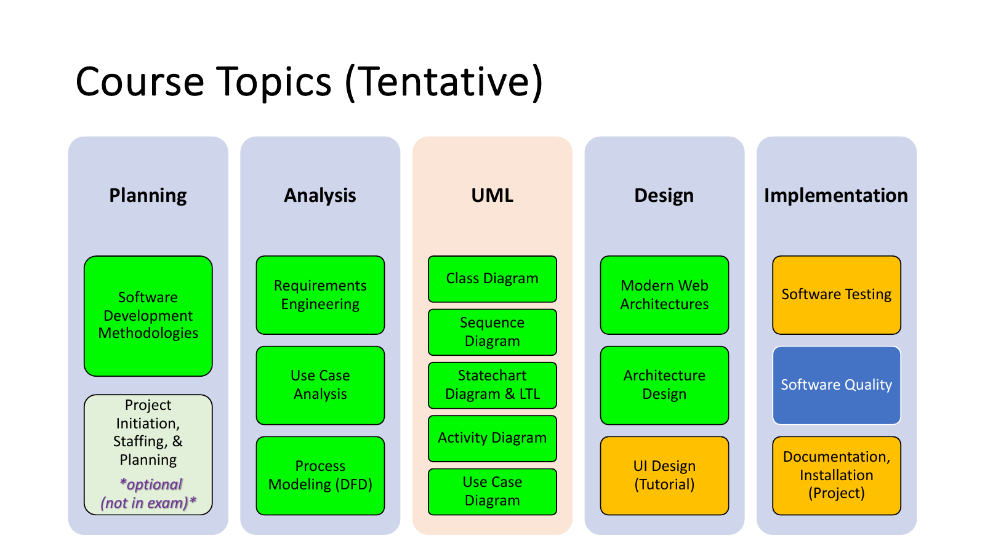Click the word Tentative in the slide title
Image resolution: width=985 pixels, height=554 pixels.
443,82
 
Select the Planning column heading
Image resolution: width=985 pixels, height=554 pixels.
148,195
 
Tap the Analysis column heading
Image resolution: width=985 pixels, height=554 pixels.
320,195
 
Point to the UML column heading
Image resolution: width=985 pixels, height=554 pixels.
492,195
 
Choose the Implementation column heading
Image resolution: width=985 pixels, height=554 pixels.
836,195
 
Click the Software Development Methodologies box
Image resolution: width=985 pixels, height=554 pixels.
148,316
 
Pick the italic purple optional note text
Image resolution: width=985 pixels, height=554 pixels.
148,494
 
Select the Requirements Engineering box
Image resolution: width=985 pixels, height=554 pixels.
320,295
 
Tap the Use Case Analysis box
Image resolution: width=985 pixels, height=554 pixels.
320,385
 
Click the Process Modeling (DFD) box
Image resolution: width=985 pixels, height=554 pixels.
320,475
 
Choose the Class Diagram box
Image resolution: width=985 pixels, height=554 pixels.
492,279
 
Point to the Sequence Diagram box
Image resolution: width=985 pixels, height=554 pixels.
492,332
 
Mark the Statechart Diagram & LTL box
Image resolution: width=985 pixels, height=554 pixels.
492,385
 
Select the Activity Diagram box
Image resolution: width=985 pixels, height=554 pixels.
492,438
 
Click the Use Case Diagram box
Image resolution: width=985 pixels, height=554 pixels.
492,491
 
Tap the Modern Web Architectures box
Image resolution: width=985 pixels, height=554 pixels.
664,295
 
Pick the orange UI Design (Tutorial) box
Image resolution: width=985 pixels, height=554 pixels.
664,475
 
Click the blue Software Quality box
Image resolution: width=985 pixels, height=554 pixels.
836,385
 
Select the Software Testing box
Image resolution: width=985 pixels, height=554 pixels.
836,295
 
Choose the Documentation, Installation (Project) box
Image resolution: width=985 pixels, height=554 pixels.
836,475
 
